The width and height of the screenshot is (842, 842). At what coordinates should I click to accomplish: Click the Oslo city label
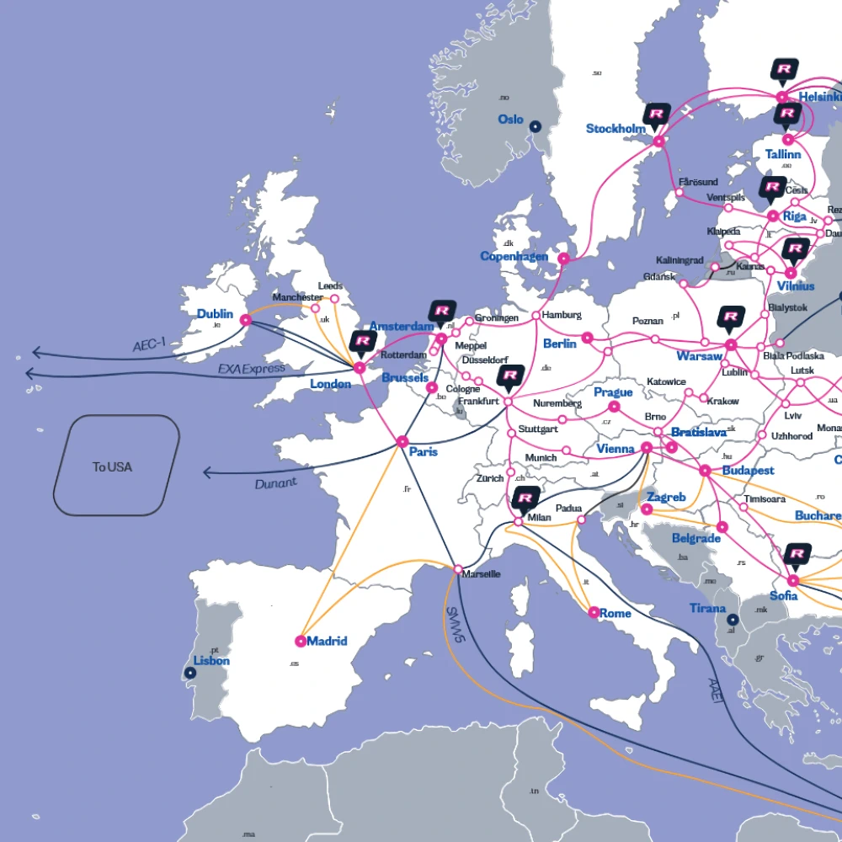point(510,120)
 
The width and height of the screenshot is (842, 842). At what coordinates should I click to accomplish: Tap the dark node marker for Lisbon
point(187,673)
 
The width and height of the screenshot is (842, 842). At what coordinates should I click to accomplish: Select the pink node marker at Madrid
point(301,641)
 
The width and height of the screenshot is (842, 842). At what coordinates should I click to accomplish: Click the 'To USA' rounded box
point(116,466)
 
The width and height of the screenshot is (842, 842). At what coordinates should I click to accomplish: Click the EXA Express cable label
point(251,369)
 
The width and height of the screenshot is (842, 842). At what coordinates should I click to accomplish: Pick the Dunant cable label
point(275,483)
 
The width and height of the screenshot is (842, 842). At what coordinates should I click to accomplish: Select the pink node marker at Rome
point(593,613)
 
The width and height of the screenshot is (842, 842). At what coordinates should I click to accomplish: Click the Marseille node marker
point(457,570)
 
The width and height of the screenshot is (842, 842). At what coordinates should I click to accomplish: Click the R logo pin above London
point(364,341)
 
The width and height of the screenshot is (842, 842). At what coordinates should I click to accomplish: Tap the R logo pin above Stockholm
point(657,114)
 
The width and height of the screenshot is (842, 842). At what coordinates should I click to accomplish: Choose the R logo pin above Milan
point(524,499)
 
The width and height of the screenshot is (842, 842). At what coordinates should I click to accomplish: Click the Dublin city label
point(215,314)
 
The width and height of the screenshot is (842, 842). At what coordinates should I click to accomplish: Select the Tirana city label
point(707,608)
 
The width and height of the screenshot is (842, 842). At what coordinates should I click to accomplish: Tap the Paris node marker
point(402,441)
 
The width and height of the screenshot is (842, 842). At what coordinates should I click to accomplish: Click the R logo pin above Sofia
point(797,554)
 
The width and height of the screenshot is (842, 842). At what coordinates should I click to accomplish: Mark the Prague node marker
point(614,407)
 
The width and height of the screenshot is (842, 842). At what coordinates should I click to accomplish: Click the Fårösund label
point(698,182)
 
